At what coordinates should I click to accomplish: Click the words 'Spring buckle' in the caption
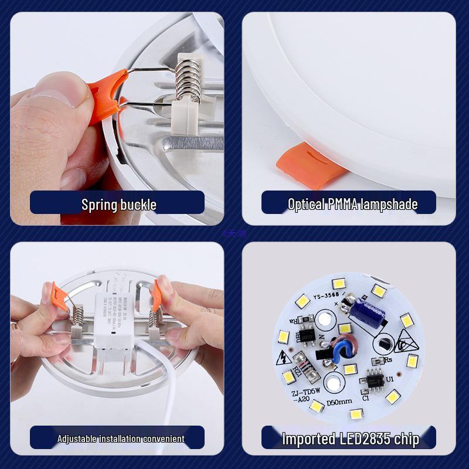118,205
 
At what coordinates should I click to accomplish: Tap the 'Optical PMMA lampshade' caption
352,204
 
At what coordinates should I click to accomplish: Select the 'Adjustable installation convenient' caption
120,439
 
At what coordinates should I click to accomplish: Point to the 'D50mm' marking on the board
338,401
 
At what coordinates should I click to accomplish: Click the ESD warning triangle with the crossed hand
404,340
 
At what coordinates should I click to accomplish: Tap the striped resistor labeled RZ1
298,366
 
